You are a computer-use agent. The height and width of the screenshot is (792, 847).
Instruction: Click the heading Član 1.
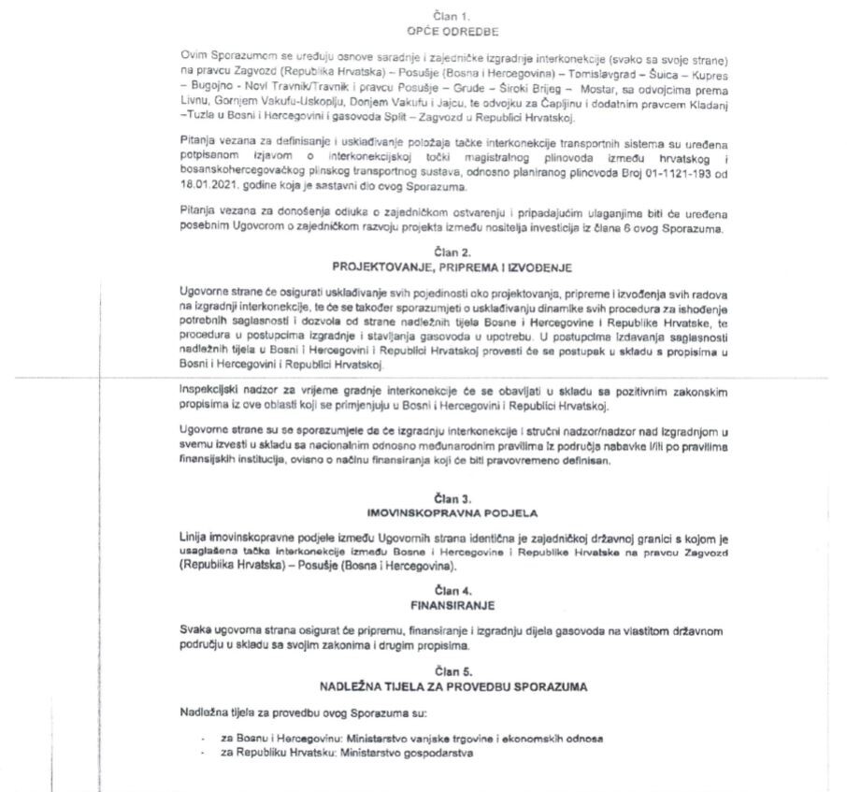[x=453, y=17]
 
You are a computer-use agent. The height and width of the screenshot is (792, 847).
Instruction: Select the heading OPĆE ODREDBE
[x=453, y=30]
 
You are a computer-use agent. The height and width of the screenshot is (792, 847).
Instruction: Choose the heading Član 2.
[x=453, y=252]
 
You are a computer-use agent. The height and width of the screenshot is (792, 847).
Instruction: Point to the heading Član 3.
[x=453, y=501]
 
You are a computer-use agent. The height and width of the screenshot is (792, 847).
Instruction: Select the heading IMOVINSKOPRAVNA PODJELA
[x=453, y=514]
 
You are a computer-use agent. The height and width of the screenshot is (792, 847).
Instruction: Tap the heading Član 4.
[x=453, y=590]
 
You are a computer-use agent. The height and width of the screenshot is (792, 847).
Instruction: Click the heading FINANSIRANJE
[x=453, y=604]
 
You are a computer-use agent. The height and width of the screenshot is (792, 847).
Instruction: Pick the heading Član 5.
[x=453, y=670]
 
